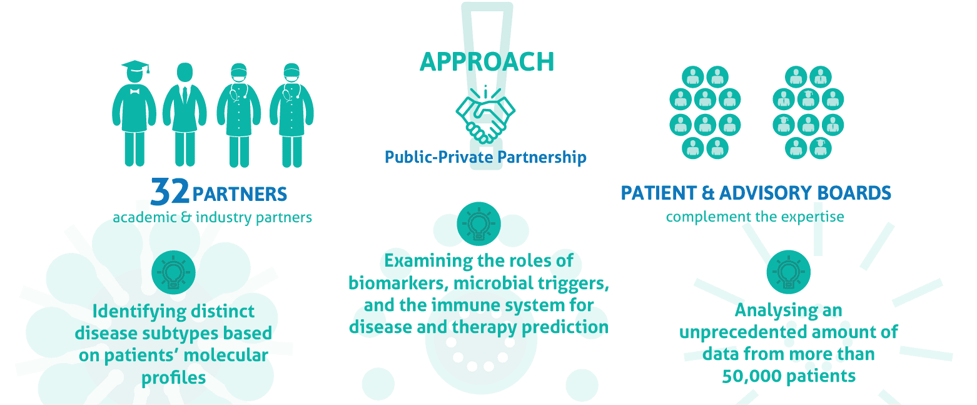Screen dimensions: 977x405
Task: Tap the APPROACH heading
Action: click(x=487, y=62)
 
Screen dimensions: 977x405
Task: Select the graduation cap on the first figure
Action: click(x=135, y=67)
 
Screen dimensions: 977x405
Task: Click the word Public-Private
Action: click(x=439, y=157)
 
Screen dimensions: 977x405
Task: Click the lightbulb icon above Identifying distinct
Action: click(x=173, y=272)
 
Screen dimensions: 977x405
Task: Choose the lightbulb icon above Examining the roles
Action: click(x=478, y=224)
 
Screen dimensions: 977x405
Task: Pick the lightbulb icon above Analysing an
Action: click(x=789, y=272)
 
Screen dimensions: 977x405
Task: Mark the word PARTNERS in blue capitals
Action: click(x=240, y=195)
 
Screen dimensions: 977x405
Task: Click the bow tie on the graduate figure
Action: click(x=134, y=91)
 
